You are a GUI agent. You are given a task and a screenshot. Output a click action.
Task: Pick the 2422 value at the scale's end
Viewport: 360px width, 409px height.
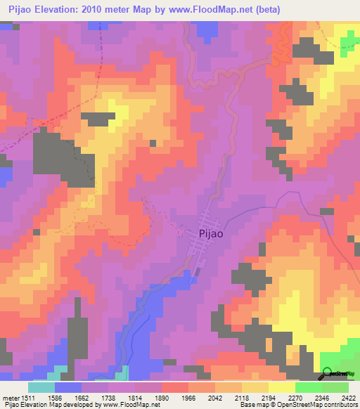click(x=349, y=398)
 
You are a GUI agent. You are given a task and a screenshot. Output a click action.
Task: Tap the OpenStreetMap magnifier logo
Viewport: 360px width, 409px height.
click(x=327, y=374)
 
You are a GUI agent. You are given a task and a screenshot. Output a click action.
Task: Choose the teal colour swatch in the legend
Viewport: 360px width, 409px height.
click(x=41, y=387)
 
